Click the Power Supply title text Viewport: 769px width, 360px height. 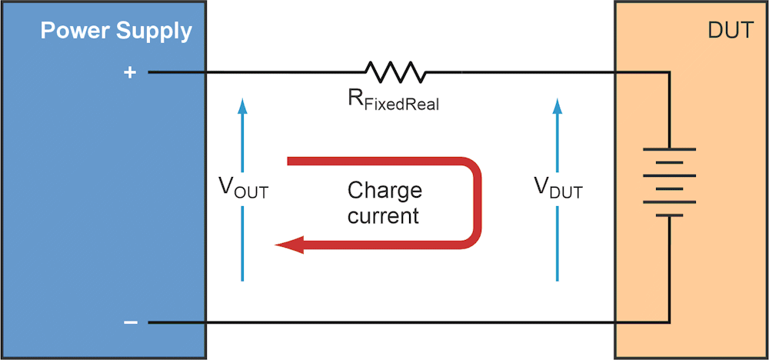pyautogui.click(x=115, y=32)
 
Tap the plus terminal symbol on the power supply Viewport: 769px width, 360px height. pyautogui.click(x=130, y=72)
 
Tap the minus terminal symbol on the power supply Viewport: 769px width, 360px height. pyautogui.click(x=130, y=322)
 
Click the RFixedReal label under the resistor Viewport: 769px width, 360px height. pyautogui.click(x=392, y=102)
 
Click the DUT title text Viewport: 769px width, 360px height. pyautogui.click(x=728, y=32)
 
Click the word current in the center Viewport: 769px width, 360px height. pyautogui.click(x=383, y=215)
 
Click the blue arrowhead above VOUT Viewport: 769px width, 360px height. pyautogui.click(x=242, y=105)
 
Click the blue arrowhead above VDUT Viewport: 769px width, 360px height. pyautogui.click(x=558, y=105)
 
